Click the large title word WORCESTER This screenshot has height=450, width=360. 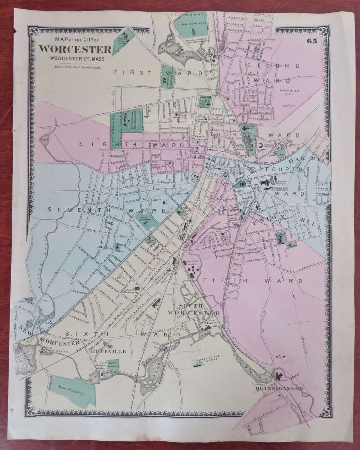[x=75, y=49]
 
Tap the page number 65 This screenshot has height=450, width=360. [x=312, y=41]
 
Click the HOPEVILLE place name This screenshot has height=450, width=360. [x=108, y=351]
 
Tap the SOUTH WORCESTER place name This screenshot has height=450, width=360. [x=193, y=310]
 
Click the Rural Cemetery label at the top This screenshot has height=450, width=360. [x=193, y=24]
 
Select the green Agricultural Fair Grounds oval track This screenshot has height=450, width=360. [x=133, y=119]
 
